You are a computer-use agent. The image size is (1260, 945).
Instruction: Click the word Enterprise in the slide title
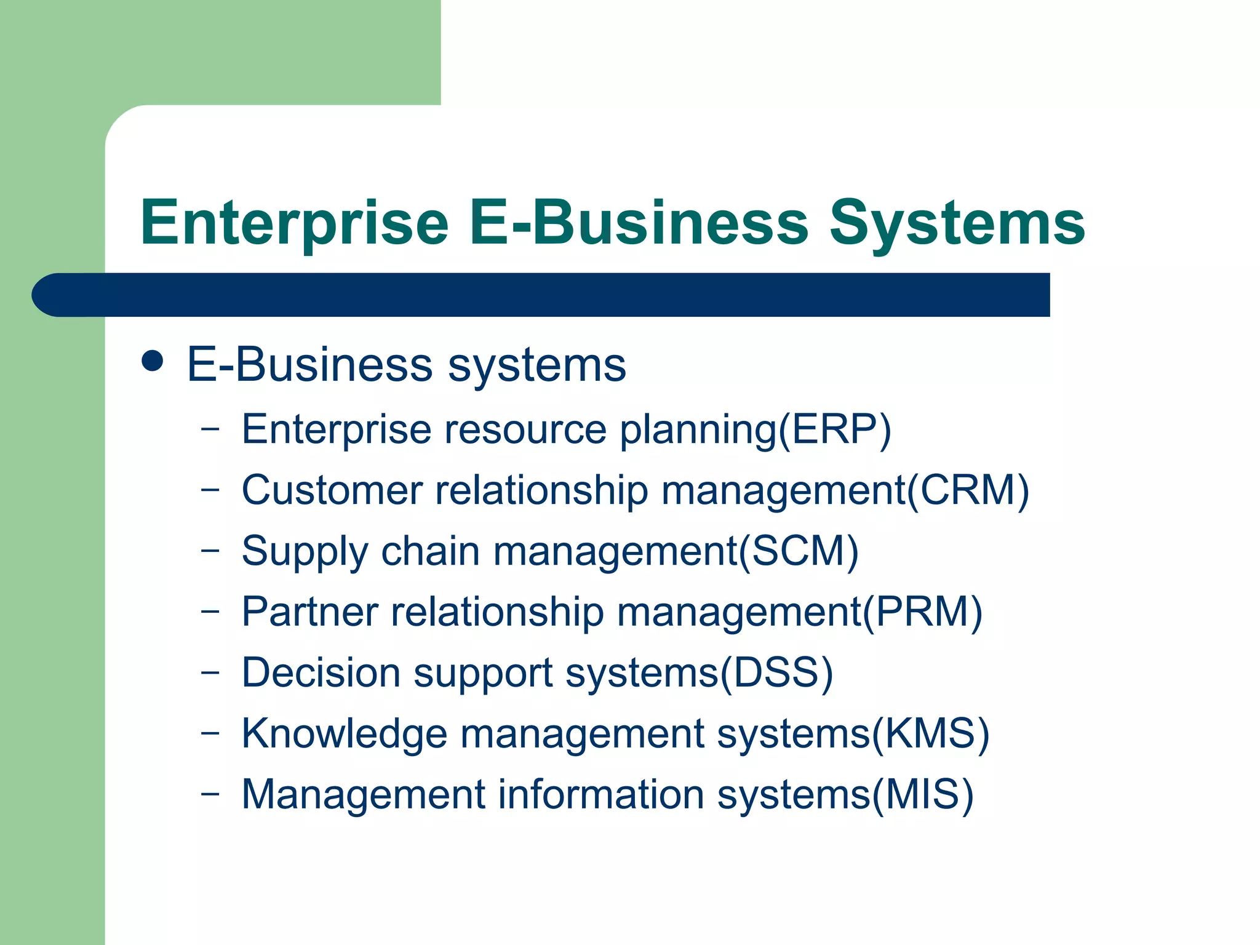294,223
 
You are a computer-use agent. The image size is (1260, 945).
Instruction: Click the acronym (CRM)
968,490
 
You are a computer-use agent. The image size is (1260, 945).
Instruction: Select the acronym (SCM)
799,551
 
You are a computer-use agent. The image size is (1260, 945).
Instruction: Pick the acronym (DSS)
776,672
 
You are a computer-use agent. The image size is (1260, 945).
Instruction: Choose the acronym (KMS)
930,733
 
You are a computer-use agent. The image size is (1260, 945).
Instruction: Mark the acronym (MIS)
923,794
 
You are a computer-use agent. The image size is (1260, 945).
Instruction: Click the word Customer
332,490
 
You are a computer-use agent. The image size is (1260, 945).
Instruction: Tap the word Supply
305,552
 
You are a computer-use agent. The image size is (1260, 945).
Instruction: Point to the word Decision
321,672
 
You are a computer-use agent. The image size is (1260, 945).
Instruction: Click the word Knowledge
344,734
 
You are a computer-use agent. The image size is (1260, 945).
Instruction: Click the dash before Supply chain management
210,550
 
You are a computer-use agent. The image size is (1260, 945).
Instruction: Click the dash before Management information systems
210,794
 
